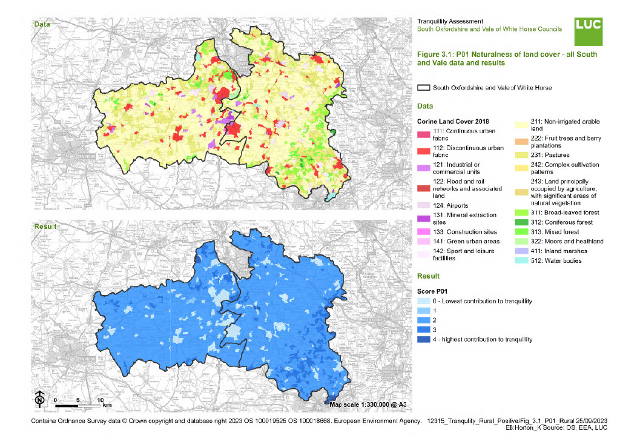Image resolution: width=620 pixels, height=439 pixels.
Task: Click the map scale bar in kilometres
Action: point(77,404)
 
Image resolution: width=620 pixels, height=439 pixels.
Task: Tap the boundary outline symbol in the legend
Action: point(424,88)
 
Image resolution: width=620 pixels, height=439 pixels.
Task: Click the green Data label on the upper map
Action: point(42,24)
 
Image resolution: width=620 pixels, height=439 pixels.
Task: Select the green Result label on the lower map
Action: point(44,226)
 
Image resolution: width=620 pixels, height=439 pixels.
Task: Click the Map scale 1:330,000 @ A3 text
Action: point(369,404)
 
